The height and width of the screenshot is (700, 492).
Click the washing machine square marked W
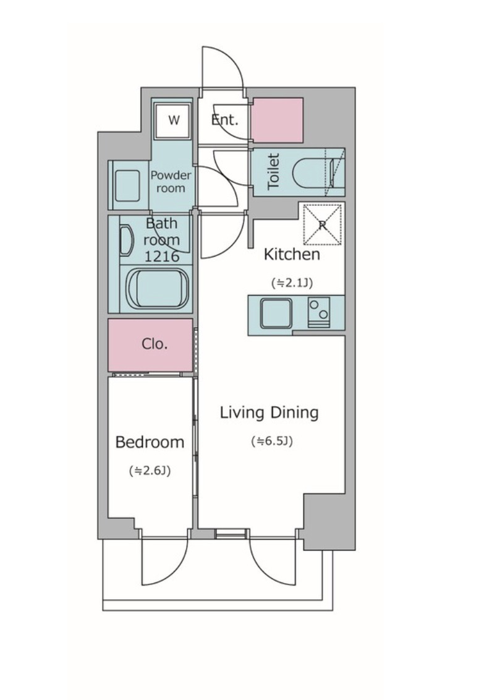click(173, 120)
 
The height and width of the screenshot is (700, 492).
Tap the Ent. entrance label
click(225, 119)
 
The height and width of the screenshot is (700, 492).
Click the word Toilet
click(273, 172)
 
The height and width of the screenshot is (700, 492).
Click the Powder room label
click(171, 181)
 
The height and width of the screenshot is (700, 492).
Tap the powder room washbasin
click(128, 185)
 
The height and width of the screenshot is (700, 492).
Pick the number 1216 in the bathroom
click(162, 256)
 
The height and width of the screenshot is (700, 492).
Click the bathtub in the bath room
click(158, 288)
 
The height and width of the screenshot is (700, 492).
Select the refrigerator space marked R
click(323, 224)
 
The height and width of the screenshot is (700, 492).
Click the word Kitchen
click(292, 255)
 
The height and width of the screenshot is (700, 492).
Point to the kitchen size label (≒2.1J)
click(292, 283)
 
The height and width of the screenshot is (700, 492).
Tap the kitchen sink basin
click(276, 313)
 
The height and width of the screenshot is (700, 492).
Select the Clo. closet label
click(155, 344)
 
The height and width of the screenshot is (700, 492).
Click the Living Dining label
click(269, 412)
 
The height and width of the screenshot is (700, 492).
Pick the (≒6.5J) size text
click(271, 441)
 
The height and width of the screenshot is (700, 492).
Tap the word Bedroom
click(150, 442)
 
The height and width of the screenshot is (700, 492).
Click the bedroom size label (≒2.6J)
click(150, 471)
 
